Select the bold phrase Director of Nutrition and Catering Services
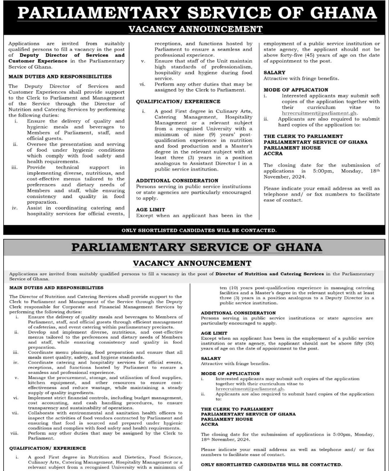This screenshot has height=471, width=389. coord(270,274)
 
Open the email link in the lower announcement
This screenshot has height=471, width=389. coord(250,389)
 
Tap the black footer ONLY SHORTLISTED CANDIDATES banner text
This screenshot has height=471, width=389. coord(199,230)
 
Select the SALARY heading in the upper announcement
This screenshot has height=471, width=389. coord(274,73)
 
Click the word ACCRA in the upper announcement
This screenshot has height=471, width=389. coord(273,153)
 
